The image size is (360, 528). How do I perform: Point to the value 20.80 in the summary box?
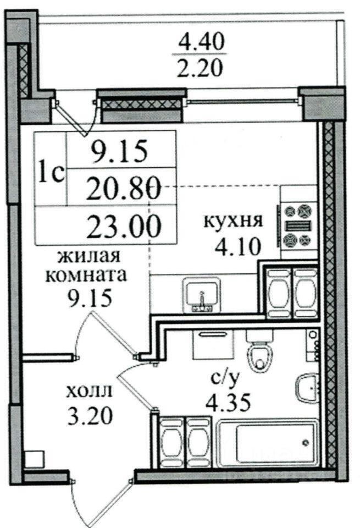click(124, 190)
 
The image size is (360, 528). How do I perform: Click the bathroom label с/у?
click(224, 380)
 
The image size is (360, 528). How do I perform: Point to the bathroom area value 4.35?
click(228, 403)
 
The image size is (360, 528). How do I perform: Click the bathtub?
click(268, 443)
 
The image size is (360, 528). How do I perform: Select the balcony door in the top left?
click(74, 118)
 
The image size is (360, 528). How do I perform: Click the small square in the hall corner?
click(34, 459)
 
